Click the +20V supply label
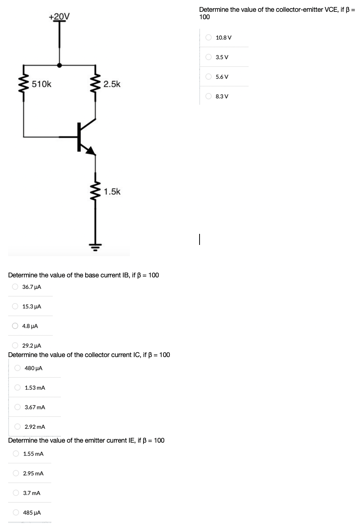(59, 16)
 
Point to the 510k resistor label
(42, 84)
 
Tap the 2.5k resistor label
(112, 84)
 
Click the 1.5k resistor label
(112, 191)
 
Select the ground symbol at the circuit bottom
(96, 246)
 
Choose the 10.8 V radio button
(209, 37)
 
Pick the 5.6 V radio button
(209, 76)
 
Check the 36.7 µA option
(15, 287)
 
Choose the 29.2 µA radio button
(15, 346)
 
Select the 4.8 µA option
(15, 326)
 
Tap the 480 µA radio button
(18, 368)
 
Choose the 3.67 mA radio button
(18, 407)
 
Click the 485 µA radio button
(16, 512)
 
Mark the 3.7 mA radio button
(16, 493)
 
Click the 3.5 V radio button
(209, 57)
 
